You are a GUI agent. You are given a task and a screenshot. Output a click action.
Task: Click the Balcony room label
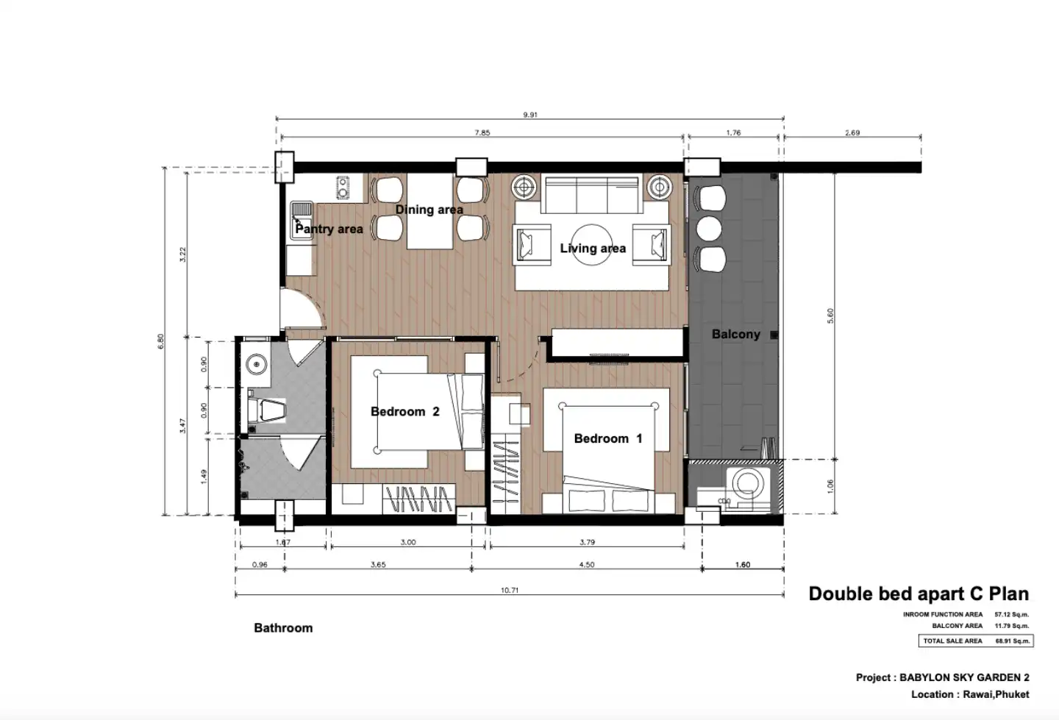point(736,334)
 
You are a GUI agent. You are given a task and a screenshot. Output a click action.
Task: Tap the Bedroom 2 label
point(404,412)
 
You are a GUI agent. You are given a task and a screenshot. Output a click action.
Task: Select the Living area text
point(593,249)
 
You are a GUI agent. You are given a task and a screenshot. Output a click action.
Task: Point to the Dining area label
point(429,210)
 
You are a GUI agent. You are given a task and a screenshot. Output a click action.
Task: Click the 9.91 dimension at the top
point(530,115)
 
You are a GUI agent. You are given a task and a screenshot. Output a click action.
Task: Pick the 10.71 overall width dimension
point(510,590)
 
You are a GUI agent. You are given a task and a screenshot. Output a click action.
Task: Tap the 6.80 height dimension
point(161,341)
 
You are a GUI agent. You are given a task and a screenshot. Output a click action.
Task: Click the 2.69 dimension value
point(852,133)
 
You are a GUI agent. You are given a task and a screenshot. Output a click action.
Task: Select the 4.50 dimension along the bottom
point(587,565)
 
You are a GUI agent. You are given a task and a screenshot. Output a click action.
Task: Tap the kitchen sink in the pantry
point(302,221)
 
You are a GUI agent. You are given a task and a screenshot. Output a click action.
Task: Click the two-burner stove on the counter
point(343,188)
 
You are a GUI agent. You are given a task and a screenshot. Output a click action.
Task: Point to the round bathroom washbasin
point(256,365)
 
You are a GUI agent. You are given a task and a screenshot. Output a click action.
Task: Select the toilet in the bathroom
point(267,410)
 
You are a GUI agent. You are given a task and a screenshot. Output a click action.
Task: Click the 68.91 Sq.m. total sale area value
point(1012,641)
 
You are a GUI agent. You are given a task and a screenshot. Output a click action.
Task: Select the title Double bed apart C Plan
point(919,594)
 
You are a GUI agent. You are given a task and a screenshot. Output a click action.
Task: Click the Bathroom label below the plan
point(283,628)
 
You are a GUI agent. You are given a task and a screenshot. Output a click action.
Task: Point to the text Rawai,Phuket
point(996,694)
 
